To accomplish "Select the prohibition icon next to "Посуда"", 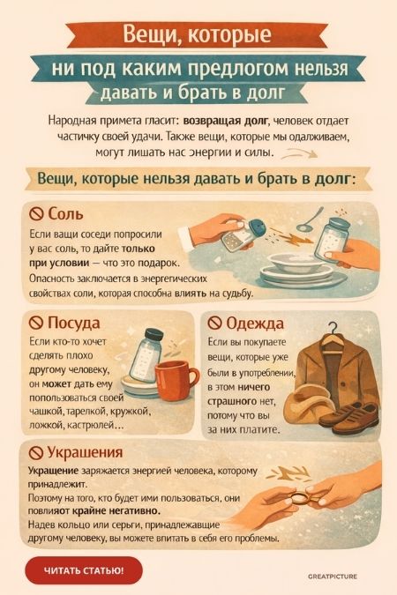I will click(x=37, y=322).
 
